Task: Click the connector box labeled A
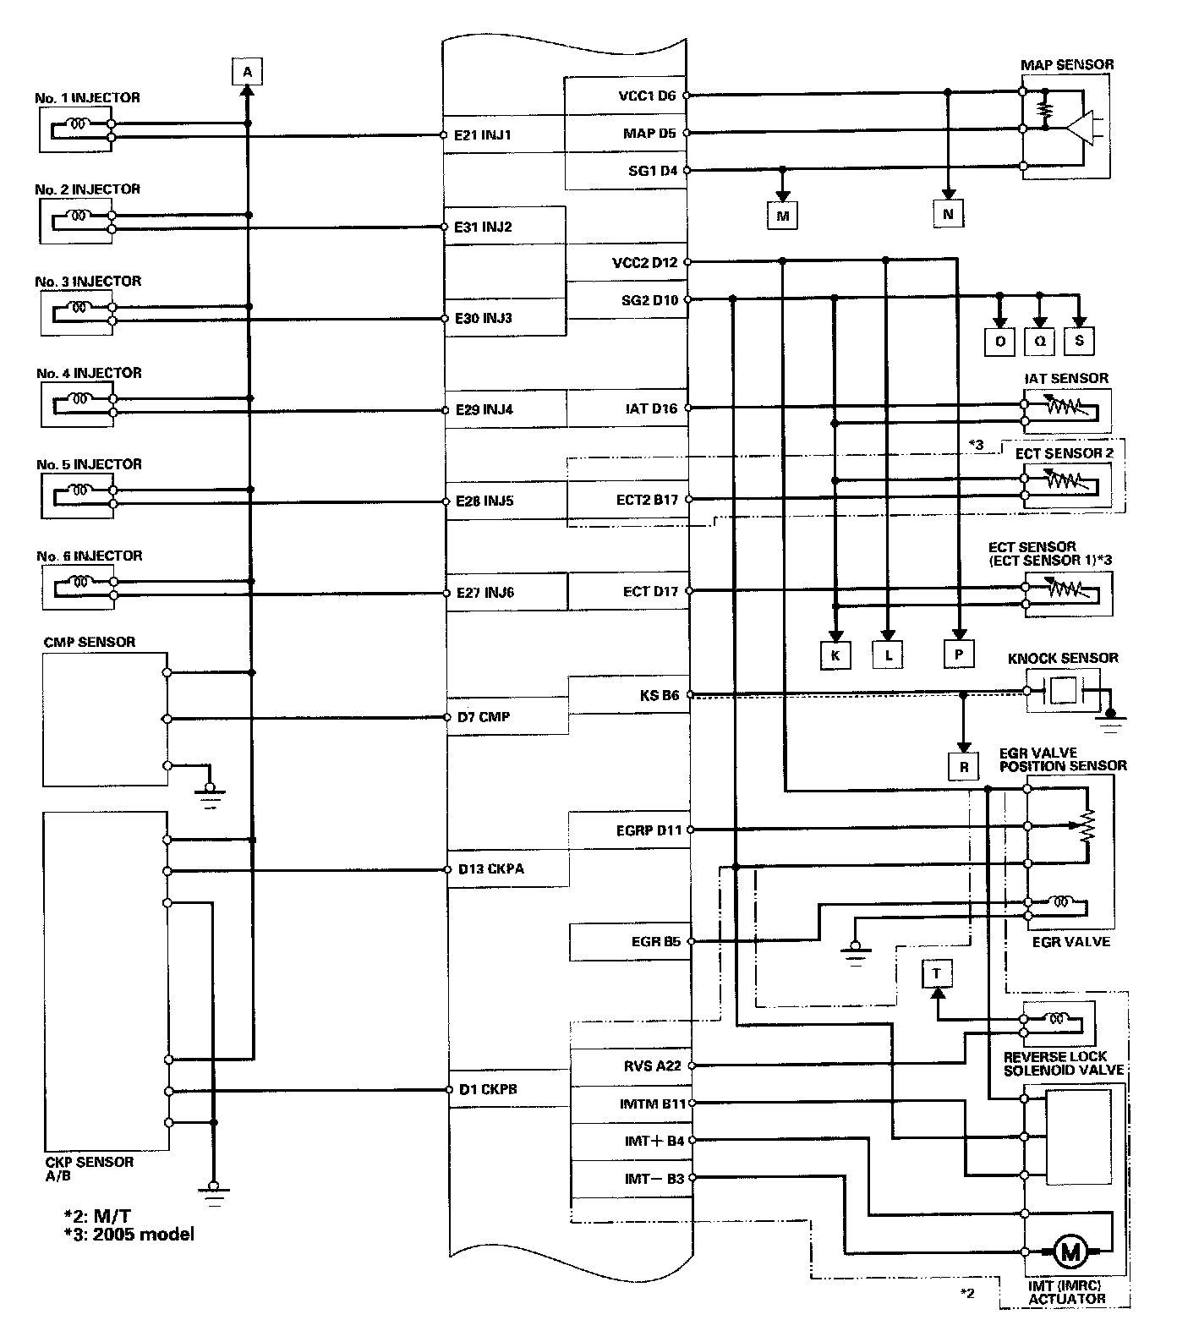tap(247, 72)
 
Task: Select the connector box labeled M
tap(783, 216)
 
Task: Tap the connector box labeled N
tap(947, 214)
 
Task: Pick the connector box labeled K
tap(835, 655)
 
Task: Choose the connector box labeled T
tap(936, 973)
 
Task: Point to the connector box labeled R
tap(963, 767)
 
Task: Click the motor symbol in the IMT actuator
tap(1070, 1252)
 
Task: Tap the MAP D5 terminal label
tap(649, 133)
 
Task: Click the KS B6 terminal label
tap(660, 696)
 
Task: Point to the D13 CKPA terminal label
tap(491, 868)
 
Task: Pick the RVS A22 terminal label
tap(652, 1065)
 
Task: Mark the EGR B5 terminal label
tap(656, 940)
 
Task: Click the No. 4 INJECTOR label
tap(89, 373)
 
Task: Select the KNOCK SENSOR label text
tap(1063, 658)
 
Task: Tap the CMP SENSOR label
tap(89, 642)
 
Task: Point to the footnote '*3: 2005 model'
tap(129, 1234)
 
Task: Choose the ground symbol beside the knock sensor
tap(1111, 720)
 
